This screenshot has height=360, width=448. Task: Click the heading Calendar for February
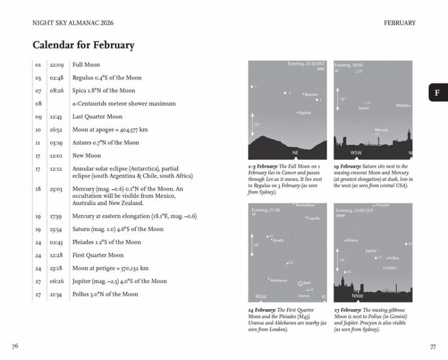83,45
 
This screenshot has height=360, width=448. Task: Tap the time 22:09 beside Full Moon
57,65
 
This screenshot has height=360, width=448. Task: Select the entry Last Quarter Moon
97,117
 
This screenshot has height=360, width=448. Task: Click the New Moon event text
86,156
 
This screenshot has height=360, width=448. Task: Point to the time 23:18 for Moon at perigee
57,268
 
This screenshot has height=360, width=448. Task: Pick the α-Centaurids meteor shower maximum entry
124,104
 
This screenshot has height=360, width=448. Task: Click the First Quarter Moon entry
98,255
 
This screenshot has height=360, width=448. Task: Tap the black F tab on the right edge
438,92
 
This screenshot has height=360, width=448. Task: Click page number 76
15,346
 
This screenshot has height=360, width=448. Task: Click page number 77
432,346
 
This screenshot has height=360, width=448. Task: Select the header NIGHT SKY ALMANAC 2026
73,23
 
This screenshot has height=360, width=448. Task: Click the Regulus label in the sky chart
311,94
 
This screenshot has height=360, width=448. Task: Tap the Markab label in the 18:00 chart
402,106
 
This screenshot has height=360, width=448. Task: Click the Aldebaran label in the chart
278,280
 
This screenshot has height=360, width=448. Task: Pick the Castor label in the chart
390,268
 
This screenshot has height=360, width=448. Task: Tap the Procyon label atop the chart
382,205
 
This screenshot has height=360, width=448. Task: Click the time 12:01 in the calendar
57,156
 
